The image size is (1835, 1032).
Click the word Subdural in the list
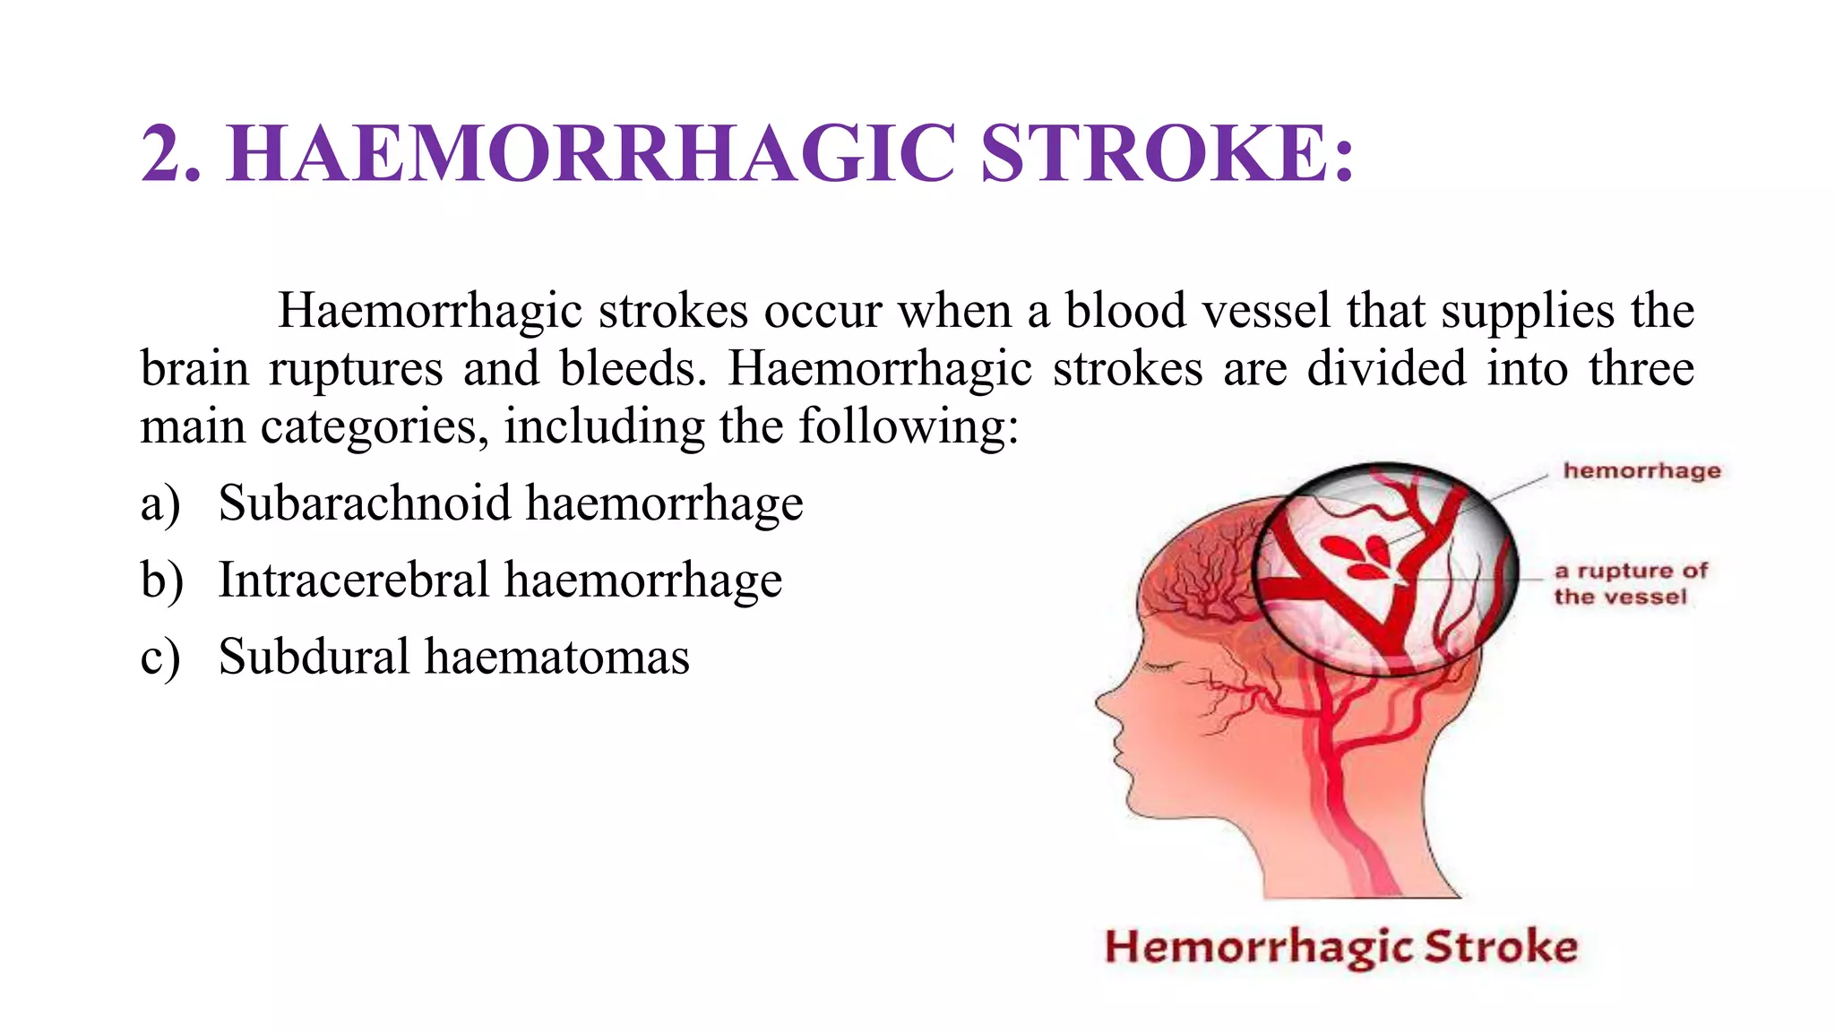[314, 657]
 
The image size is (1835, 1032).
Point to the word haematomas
[557, 657]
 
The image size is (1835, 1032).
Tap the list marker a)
[160, 504]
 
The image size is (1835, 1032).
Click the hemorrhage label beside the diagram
[1641, 471]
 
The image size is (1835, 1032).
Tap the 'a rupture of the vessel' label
[1630, 583]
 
